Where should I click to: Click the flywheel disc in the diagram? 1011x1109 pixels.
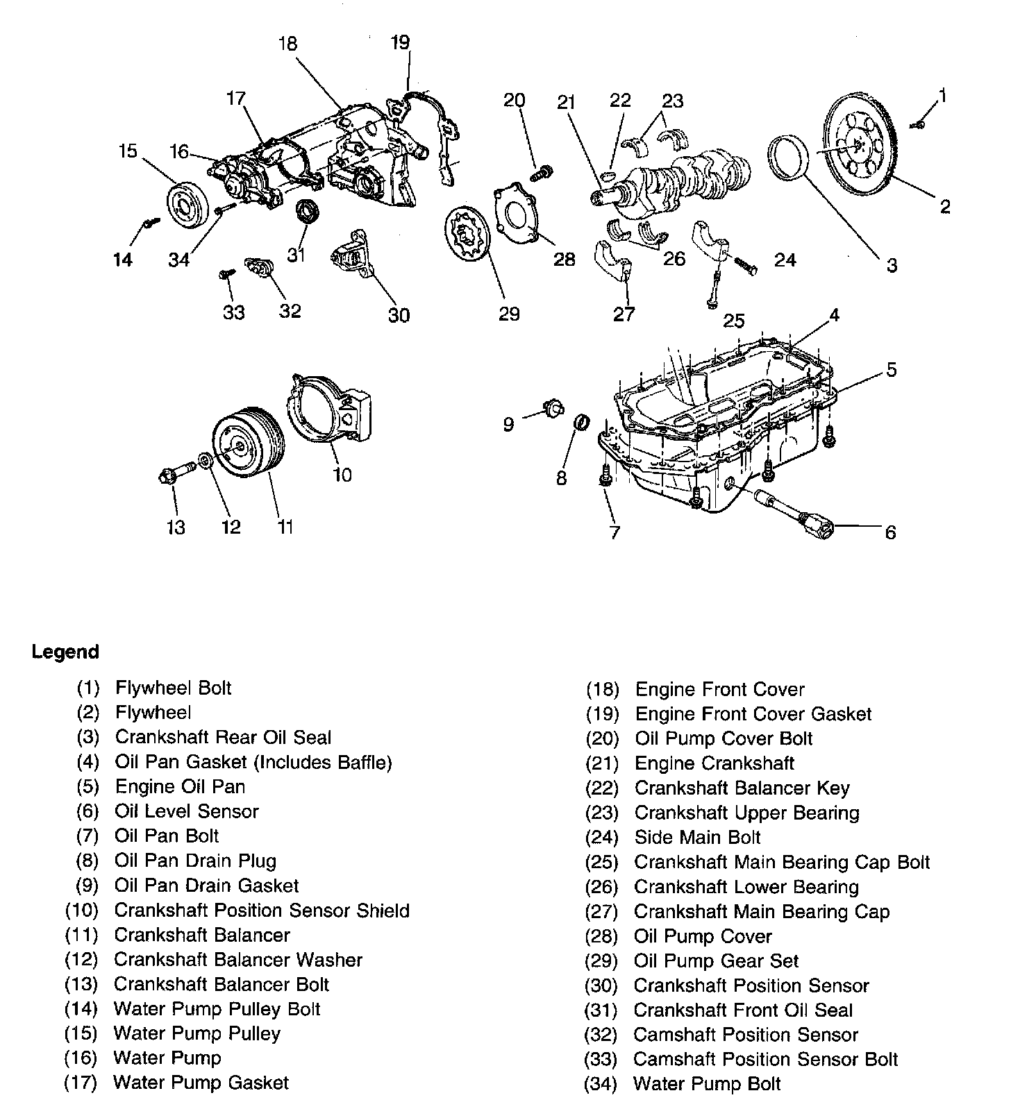[x=860, y=146]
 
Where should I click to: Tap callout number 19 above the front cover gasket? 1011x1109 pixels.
[x=401, y=43]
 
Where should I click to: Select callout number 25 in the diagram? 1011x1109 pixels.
[x=733, y=320]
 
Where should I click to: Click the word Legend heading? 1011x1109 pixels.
[x=65, y=652]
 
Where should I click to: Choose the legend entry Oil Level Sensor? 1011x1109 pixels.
[x=186, y=811]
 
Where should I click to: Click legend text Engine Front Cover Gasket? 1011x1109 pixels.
[x=753, y=713]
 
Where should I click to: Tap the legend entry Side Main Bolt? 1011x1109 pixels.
[x=697, y=837]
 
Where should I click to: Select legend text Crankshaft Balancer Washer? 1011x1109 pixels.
[x=237, y=960]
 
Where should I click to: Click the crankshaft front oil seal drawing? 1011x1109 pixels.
[x=306, y=210]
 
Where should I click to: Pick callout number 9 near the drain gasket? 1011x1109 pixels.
[x=508, y=423]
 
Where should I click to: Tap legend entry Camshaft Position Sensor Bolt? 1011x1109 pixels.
[x=765, y=1059]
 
